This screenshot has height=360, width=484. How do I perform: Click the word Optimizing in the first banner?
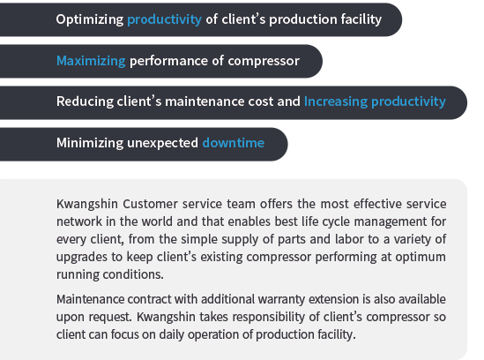pyautogui.click(x=90, y=19)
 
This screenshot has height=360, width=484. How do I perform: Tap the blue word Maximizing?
pyautogui.click(x=91, y=61)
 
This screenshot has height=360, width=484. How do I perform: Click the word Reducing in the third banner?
pyautogui.click(x=85, y=102)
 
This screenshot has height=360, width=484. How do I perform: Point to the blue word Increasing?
pyautogui.click(x=336, y=102)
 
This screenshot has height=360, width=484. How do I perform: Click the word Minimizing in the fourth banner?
pyautogui.click(x=90, y=143)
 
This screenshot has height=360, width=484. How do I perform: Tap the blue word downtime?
pyautogui.click(x=234, y=143)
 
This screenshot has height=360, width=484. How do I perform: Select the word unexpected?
pyautogui.click(x=163, y=144)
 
